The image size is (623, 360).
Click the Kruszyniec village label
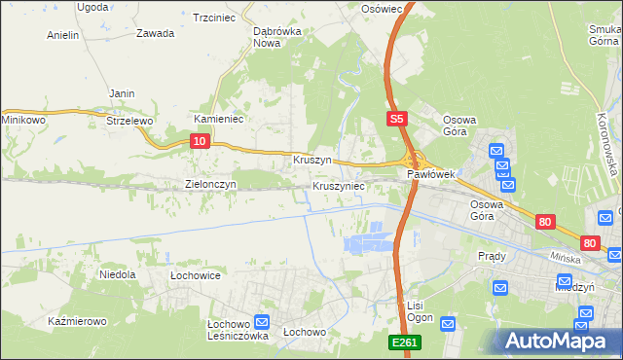[339, 185]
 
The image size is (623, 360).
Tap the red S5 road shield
[395, 119]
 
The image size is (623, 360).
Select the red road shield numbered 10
[200, 141]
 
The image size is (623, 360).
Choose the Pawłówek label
[431, 175]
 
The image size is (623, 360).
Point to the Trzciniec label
[216, 18]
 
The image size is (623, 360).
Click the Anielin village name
[63, 35]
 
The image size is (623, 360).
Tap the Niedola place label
[117, 275]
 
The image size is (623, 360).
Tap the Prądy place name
[493, 256]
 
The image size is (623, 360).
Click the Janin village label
[122, 93]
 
